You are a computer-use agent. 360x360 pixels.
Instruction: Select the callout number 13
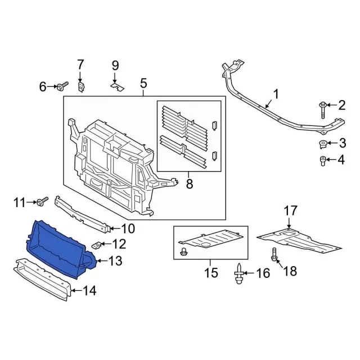pos(115,261)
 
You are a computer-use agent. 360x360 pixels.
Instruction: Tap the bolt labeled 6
pos(62,86)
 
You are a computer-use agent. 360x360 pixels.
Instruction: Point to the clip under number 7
pos(80,87)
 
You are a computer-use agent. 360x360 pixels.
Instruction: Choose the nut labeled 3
pos(323,145)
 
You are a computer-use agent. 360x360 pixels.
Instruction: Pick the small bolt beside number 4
pos(322,161)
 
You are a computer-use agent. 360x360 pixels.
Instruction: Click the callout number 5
pos(143,83)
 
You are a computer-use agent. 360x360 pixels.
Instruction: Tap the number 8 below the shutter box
pos(190,183)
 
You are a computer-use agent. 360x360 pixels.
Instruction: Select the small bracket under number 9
pos(118,87)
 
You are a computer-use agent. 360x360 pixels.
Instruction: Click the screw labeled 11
pos(42,201)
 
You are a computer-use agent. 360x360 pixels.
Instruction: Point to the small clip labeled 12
pos(97,245)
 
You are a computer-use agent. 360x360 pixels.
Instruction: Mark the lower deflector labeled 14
pos(43,279)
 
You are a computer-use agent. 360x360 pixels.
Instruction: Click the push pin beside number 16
pos(238,274)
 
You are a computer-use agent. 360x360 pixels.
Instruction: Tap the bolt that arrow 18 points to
pos(274,255)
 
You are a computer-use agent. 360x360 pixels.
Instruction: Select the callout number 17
pos(290,211)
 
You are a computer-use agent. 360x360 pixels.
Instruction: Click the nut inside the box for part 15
pos(184,251)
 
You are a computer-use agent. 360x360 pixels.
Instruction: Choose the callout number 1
pos(276,94)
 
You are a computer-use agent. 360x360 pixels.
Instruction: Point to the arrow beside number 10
pos(115,228)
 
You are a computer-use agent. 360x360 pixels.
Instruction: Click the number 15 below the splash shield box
pos(211,273)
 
